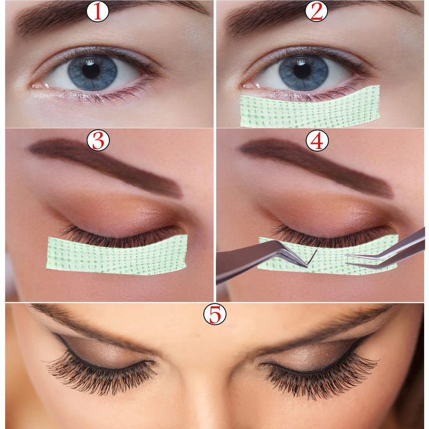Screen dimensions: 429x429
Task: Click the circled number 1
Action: [98, 11]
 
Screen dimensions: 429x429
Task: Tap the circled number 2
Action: [316, 11]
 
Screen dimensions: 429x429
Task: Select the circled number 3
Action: [98, 140]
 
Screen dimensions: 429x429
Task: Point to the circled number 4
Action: [317, 140]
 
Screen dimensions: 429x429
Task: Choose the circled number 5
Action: [215, 314]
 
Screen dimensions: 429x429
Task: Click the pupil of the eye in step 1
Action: [91, 71]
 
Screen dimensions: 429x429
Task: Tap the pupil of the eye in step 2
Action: [302, 71]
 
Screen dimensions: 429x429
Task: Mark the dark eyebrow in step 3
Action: [105, 164]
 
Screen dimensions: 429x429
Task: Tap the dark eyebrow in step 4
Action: [316, 164]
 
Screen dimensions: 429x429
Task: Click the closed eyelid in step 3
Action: [117, 216]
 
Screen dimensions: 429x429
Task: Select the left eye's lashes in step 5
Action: [101, 375]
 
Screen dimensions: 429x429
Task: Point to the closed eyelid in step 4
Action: [328, 216]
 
